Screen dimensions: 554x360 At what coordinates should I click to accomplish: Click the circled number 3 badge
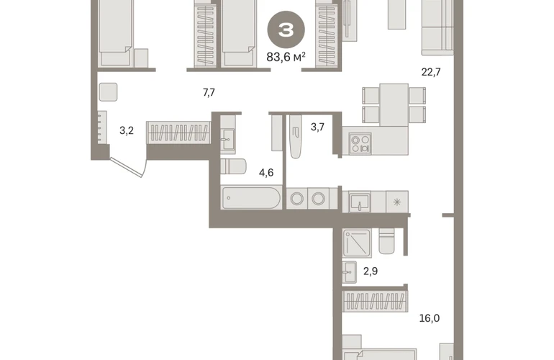(286, 30)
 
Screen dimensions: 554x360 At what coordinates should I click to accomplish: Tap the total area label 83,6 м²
(286, 56)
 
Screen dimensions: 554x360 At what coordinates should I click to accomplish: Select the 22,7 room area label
(431, 72)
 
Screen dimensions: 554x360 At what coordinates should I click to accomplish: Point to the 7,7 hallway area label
(209, 93)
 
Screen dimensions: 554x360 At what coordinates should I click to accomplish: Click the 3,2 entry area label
(127, 130)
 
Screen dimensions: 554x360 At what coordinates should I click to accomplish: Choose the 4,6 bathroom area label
(266, 173)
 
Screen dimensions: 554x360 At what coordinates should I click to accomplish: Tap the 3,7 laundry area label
(317, 127)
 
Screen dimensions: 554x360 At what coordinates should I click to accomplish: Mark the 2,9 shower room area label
(371, 271)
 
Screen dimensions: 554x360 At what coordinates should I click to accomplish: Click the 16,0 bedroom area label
(430, 318)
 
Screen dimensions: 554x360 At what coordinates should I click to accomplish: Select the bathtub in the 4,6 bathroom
(251, 198)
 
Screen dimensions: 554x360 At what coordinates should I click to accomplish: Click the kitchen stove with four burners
(360, 143)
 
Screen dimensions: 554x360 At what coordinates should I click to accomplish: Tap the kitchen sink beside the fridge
(360, 202)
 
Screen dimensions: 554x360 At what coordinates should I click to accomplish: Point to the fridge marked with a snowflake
(397, 202)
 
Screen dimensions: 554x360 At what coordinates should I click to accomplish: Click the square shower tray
(357, 243)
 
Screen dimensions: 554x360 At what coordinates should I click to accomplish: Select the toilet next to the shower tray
(386, 241)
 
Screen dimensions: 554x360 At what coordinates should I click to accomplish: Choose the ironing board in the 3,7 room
(296, 136)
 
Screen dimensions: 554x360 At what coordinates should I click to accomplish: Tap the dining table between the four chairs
(394, 104)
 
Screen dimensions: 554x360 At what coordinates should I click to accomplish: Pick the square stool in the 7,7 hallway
(108, 92)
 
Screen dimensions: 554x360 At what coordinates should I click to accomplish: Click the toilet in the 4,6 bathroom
(234, 166)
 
